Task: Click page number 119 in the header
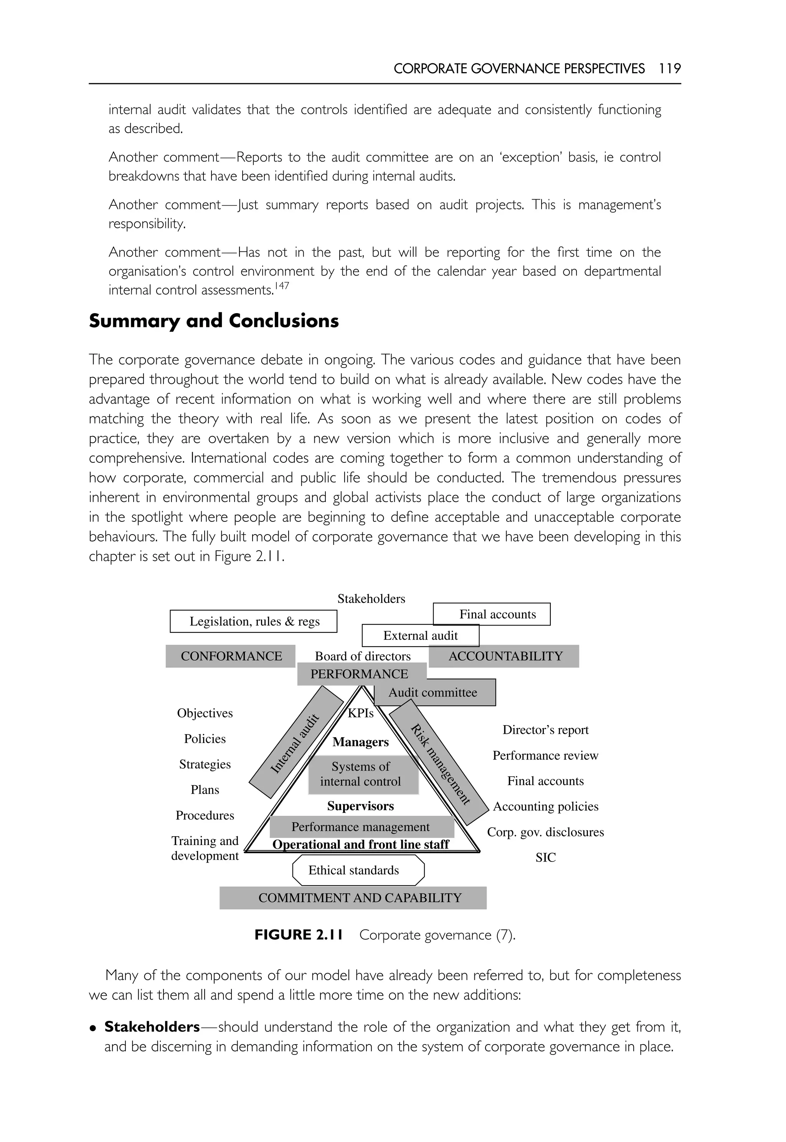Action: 670,68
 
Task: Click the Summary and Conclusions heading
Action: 214,321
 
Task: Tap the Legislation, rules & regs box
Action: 254,622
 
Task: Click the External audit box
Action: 420,636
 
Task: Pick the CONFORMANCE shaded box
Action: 231,657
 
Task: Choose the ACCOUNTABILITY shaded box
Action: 504,657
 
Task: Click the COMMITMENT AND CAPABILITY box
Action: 353,898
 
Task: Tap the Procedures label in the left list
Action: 205,815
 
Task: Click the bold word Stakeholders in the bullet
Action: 152,1027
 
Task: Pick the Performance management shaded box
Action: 362,827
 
